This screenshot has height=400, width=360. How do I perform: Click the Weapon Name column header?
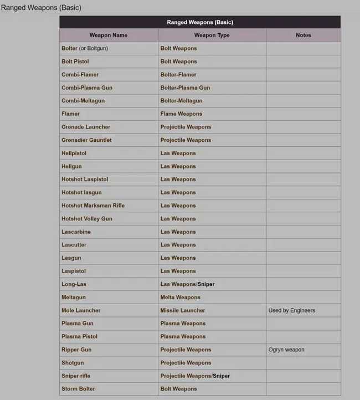(109, 35)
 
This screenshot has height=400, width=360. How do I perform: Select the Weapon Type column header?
(212, 35)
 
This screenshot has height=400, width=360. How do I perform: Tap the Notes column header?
(303, 35)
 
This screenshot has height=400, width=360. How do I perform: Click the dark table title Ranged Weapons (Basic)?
(200, 22)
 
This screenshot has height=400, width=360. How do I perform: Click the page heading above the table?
(41, 8)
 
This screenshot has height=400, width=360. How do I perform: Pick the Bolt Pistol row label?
(75, 61)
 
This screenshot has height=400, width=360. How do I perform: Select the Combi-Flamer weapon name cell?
(80, 75)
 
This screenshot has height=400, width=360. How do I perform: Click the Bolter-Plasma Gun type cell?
(185, 88)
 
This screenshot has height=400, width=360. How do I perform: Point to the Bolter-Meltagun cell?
(181, 101)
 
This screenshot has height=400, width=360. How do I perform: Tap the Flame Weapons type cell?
(181, 114)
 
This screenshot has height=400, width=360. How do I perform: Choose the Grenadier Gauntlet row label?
(86, 140)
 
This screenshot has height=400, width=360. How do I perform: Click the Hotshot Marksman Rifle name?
(93, 206)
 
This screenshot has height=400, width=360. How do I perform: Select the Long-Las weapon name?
(74, 284)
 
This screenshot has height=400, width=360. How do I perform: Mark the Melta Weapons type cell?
(180, 298)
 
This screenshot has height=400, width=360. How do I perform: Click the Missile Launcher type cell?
(183, 310)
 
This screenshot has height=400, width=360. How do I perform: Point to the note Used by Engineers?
(291, 310)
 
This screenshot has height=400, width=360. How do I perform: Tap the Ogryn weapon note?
(286, 350)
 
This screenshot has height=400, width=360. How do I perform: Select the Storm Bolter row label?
(78, 389)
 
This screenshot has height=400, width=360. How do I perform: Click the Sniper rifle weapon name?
(76, 376)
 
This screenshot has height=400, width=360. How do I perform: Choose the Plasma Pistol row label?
(79, 336)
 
